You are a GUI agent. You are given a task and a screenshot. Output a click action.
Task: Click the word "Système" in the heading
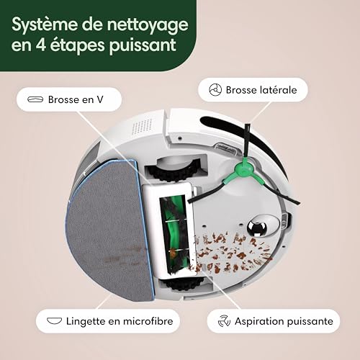45,25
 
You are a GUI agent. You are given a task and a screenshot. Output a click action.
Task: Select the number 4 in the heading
41,45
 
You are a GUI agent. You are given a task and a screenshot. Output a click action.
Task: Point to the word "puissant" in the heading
143,45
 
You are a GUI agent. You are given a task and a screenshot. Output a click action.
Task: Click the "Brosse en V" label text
76,99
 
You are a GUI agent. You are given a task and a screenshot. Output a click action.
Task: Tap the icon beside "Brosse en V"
35,99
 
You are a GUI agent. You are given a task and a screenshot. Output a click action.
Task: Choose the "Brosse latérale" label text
261,90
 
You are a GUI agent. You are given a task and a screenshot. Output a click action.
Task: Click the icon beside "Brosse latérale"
215,90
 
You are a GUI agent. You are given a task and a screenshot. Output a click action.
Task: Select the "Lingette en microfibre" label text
120,321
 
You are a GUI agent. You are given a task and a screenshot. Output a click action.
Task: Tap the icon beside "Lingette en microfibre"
54,320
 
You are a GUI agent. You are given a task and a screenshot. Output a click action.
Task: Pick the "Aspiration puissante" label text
284,321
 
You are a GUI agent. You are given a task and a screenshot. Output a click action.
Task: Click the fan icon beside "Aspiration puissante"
224,321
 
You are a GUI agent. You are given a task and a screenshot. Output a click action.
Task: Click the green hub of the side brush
244,170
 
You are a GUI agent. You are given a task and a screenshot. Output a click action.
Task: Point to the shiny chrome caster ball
257,227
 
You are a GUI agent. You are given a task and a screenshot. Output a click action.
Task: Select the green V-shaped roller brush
174,235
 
